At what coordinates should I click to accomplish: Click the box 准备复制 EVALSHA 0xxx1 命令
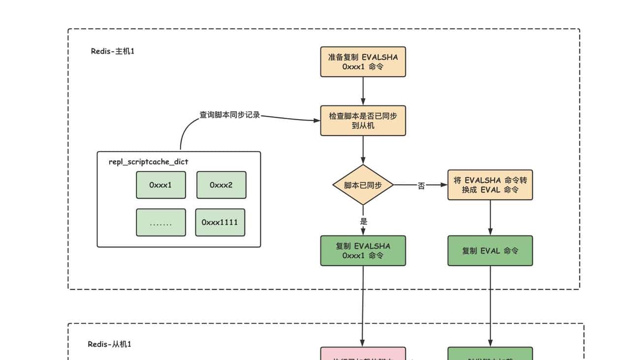tap(363, 62)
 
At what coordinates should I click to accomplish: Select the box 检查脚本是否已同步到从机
tap(363, 121)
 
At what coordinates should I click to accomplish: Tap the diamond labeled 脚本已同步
tap(363, 185)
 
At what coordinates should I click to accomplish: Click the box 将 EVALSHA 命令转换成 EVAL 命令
tap(490, 185)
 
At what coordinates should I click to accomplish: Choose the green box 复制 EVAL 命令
tap(490, 251)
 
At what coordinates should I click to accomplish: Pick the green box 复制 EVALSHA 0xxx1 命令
tap(363, 251)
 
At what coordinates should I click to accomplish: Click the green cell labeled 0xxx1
tap(161, 185)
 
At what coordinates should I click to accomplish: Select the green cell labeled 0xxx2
tap(221, 185)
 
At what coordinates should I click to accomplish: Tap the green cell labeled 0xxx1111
tap(220, 223)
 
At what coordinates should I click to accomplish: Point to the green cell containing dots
tap(161, 223)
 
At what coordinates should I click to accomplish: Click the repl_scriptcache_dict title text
tap(148, 162)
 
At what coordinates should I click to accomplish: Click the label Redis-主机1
tap(112, 51)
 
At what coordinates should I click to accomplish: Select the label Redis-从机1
tap(109, 344)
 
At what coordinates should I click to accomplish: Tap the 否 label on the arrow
tap(421, 186)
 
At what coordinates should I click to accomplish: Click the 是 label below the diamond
tap(363, 221)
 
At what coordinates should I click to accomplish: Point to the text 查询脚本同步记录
tap(229, 115)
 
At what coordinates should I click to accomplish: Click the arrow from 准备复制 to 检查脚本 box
tap(363, 91)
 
